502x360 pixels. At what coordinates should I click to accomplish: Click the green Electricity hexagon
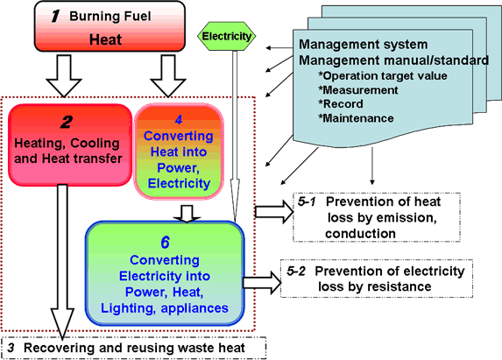226,36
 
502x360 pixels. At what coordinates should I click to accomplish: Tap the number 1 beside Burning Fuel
56,16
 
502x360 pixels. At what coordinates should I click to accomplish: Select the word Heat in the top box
105,39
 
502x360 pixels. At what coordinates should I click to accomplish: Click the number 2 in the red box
67,122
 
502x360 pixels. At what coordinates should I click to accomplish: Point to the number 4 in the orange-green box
179,120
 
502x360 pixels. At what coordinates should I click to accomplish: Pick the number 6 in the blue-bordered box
165,243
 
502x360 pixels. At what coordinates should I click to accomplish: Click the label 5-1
307,201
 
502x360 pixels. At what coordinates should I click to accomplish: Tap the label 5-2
296,271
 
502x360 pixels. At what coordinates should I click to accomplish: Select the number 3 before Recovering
11,348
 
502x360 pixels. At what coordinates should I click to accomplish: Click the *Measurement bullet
358,90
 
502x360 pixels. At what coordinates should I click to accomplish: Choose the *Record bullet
341,104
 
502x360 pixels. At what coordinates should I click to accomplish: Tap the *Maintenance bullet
356,118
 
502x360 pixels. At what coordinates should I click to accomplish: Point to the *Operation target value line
383,76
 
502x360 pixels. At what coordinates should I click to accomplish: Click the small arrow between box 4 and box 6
187,214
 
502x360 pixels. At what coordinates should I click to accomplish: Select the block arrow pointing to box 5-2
263,283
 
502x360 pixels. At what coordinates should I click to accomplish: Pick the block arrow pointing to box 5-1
274,212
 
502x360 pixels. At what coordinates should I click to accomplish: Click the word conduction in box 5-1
360,233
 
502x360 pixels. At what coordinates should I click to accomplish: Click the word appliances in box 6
194,308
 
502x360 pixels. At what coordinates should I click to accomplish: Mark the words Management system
363,45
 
